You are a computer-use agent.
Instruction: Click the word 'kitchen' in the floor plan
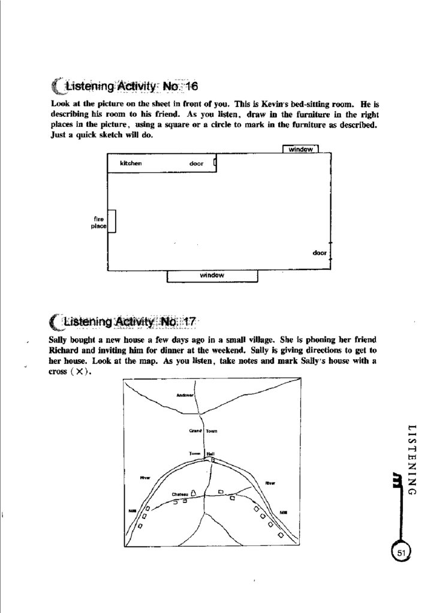click(x=131, y=163)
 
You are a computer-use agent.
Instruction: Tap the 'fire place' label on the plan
click(x=100, y=223)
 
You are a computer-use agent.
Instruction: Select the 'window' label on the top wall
click(x=300, y=150)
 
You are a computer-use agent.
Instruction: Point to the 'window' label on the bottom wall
click(x=212, y=275)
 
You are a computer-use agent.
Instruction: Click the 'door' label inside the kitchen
click(x=196, y=163)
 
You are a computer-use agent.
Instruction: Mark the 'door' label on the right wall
click(x=320, y=253)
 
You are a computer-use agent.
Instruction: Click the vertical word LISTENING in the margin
click(x=411, y=459)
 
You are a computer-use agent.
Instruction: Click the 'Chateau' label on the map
click(x=180, y=494)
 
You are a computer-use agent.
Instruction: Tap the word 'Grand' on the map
click(x=195, y=430)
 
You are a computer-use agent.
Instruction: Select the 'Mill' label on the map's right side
click(x=284, y=512)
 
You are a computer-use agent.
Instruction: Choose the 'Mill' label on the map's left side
click(x=132, y=511)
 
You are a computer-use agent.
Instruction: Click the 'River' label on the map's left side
click(x=144, y=477)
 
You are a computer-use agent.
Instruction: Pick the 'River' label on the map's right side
click(x=270, y=482)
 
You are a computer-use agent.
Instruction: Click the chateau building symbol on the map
click(x=194, y=493)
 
